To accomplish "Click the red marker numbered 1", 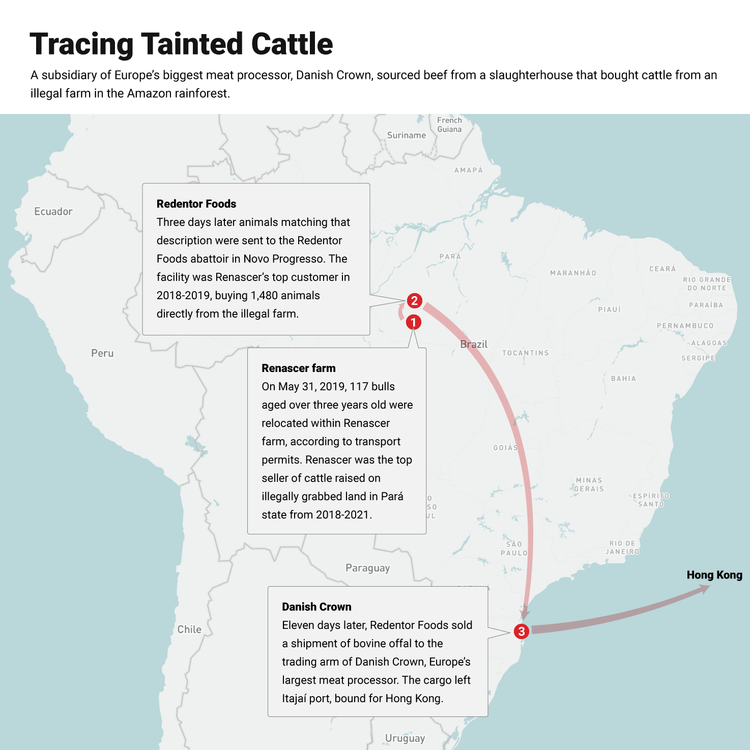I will tap(413, 322).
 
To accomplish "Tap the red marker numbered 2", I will tap(414, 301).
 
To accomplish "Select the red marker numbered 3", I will tap(521, 631).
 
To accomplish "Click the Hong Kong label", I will tap(714, 575).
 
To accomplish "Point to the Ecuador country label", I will tap(53, 212).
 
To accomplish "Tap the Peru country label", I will tap(102, 353).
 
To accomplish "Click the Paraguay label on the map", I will tap(367, 568).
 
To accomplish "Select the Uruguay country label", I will tap(405, 738).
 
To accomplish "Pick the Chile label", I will tap(189, 629).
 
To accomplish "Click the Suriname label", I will tap(406, 135).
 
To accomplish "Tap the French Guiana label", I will tap(449, 125).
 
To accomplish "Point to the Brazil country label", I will tap(474, 344).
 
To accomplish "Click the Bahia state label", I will tap(623, 379).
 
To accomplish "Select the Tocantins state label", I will tap(525, 353).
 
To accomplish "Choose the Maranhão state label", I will tap(573, 273).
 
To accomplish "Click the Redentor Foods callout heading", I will tap(196, 204).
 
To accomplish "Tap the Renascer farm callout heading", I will tap(299, 368).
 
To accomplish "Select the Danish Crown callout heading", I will tap(316, 607).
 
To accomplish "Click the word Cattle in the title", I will tap(292, 44).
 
